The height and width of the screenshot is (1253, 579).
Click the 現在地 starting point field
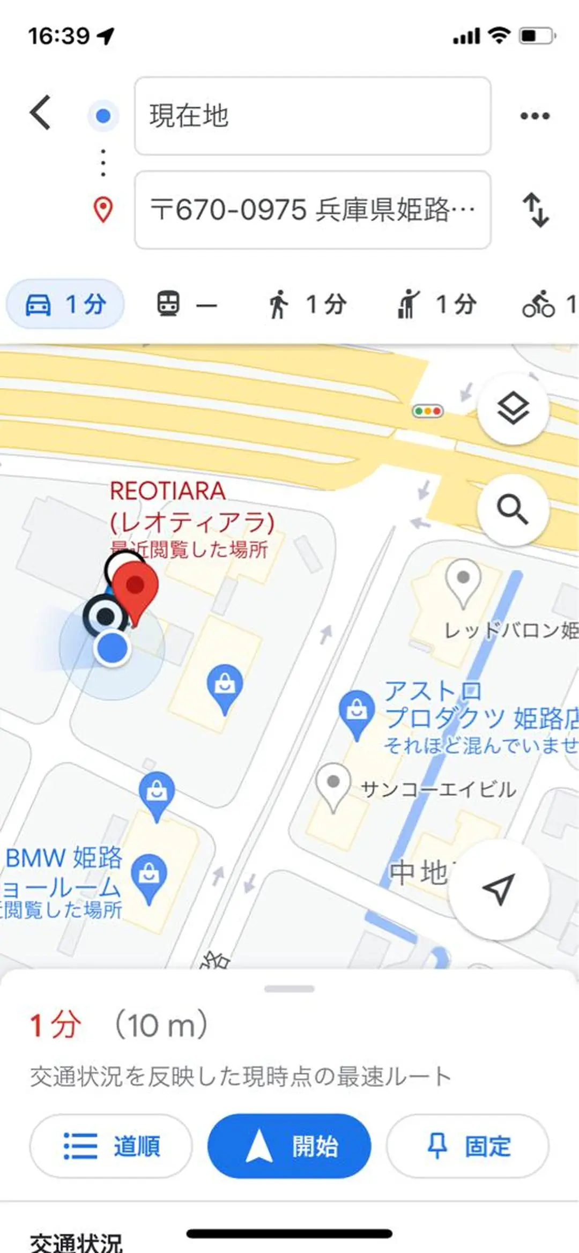tap(312, 116)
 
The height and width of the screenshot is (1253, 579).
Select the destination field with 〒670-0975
tap(312, 210)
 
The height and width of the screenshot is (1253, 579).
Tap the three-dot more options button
tap(535, 116)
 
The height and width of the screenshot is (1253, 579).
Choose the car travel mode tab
tap(65, 304)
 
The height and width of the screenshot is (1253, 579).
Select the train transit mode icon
tap(168, 304)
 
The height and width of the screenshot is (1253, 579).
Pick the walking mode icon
tap(278, 304)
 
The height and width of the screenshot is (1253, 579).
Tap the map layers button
tap(513, 409)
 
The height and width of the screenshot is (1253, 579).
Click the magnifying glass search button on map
tap(513, 509)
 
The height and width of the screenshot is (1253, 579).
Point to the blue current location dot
tap(112, 648)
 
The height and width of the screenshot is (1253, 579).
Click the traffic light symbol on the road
tap(427, 411)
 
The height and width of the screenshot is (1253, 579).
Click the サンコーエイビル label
tap(439, 789)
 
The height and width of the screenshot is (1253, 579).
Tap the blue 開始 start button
tap(289, 1146)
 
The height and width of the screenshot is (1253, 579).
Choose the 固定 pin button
tap(467, 1146)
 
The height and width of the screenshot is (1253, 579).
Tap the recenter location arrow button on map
tap(499, 890)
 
